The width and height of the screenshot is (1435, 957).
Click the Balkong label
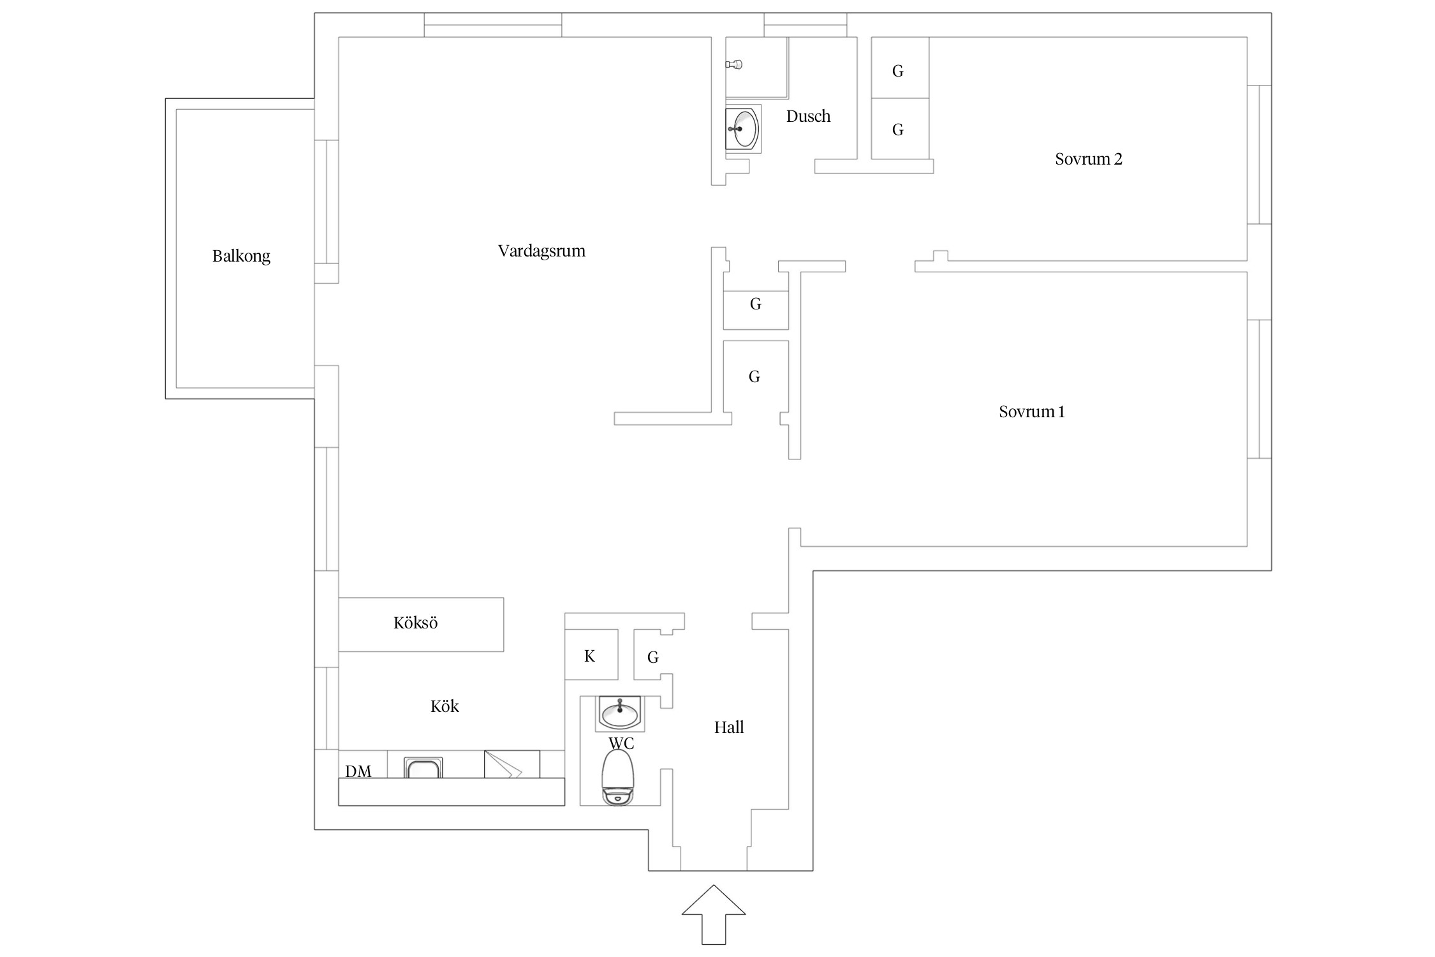241,256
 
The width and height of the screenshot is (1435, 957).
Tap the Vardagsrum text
541,251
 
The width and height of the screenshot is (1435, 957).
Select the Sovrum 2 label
1088,159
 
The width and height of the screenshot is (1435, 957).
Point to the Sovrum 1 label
1031,412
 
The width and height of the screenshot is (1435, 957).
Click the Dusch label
808,116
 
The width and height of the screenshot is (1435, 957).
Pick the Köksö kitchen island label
415,623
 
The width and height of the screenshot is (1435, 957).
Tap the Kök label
445,706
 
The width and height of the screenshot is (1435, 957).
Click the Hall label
729,727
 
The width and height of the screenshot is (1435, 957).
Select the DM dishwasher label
358,771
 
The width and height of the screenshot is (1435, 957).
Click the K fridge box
591,655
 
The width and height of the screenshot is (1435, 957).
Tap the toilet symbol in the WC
617,777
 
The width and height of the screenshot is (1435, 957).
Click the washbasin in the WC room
619,713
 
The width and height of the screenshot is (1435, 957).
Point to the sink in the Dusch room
743,129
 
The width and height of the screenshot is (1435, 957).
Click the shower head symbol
734,64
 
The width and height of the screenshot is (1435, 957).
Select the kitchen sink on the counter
423,768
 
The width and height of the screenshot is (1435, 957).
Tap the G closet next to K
652,657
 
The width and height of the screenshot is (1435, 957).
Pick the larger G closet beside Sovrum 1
755,376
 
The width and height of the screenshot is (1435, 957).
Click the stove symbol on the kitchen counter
511,764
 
